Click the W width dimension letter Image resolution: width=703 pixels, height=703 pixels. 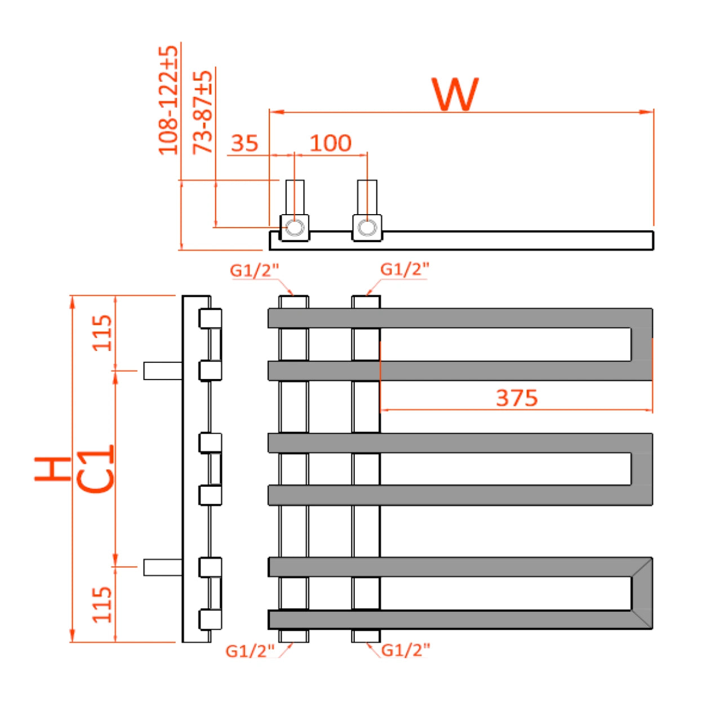tap(455, 94)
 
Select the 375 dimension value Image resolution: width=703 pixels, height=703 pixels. tap(517, 398)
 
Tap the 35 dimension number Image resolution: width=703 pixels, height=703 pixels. tap(244, 143)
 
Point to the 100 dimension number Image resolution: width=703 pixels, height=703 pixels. tap(331, 143)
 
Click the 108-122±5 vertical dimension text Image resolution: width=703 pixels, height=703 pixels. tap(168, 100)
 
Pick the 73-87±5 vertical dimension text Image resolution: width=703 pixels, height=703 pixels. tap(203, 112)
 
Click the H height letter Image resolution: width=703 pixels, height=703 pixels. tap(53, 469)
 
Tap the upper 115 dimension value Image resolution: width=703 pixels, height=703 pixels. tap(103, 333)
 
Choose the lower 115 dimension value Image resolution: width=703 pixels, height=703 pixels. tap(103, 604)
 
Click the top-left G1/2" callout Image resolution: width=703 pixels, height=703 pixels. tap(254, 270)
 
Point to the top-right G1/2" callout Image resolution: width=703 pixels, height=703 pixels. tap(404, 269)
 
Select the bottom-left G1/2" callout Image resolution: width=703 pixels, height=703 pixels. tap(250, 651)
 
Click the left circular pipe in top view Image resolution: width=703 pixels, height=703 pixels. tap(294, 228)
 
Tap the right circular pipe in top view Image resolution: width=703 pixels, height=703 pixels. tap(367, 228)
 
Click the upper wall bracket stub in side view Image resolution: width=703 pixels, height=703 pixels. tap(162, 371)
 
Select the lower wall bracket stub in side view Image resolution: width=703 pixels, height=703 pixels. tap(162, 567)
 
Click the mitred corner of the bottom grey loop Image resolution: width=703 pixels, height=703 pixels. tap(642, 593)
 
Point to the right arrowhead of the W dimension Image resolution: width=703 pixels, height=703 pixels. tap(648, 112)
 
